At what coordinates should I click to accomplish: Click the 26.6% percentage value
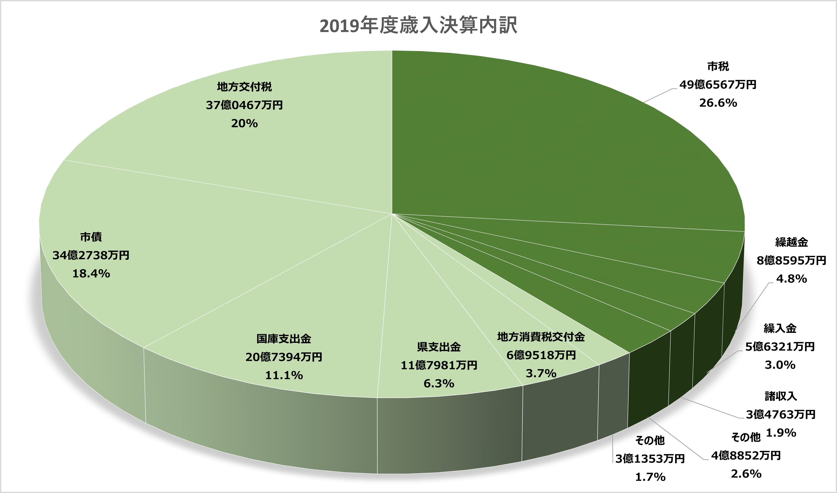click(718, 103)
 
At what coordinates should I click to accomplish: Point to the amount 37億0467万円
click(244, 105)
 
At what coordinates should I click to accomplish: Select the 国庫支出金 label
click(284, 339)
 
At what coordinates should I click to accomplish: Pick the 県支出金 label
click(439, 347)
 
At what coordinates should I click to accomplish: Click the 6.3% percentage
click(439, 383)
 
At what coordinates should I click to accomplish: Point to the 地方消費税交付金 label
click(541, 337)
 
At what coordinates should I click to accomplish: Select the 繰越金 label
click(791, 242)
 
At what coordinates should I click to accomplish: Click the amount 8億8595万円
click(791, 260)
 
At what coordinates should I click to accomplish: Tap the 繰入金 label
click(780, 328)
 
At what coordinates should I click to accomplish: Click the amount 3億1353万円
click(650, 459)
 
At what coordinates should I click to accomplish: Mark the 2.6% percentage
click(746, 474)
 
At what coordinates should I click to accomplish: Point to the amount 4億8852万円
click(746, 456)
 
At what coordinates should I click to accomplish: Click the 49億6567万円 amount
click(718, 85)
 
